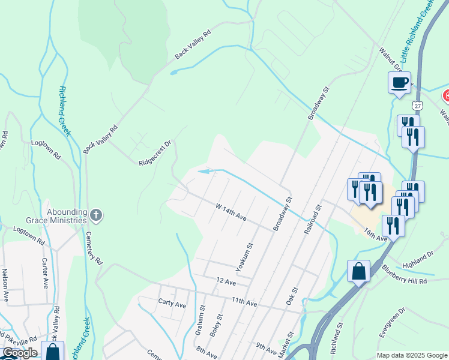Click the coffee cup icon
tap(399, 83)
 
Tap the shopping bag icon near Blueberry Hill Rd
tap(358, 271)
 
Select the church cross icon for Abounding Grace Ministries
tap(96, 214)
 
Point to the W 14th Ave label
tap(232, 211)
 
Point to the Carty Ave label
tap(172, 304)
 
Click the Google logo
tap(20, 353)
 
